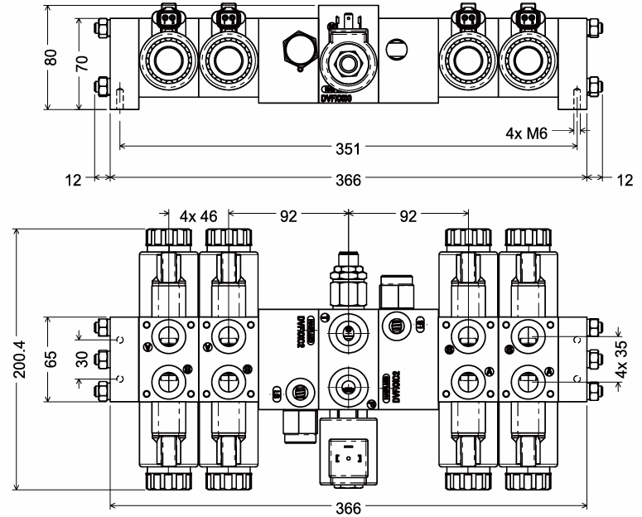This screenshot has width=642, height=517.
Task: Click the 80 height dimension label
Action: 52,59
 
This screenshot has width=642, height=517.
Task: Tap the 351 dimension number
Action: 348,149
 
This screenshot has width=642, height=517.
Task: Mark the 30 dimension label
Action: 80,357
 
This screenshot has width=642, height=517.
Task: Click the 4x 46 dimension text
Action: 198,217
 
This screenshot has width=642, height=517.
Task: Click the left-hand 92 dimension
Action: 287,217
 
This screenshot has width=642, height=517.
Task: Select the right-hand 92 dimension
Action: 408,217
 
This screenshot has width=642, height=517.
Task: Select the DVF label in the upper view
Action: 337,97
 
